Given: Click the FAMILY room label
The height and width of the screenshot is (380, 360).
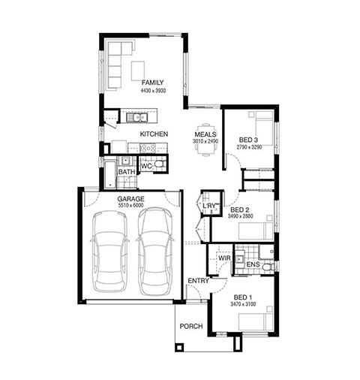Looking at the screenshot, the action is [152, 83].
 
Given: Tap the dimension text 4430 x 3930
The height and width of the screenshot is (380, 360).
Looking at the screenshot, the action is [153, 91].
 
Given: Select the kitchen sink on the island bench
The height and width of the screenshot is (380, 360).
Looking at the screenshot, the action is [136, 117].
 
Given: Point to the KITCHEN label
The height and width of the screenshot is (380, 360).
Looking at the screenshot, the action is [154, 134].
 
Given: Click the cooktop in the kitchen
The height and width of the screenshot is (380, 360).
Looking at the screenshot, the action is [148, 148].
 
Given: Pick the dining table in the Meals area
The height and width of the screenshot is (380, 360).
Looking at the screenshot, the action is [205, 140].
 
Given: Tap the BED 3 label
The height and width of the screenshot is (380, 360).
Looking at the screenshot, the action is [248, 140].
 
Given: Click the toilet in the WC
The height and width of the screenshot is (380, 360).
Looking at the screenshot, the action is [160, 164].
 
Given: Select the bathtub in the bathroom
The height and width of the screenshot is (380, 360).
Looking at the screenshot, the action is [110, 175].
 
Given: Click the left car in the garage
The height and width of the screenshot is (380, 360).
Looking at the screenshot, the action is [109, 252].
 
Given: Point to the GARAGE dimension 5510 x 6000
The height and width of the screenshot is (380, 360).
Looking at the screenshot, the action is [130, 206].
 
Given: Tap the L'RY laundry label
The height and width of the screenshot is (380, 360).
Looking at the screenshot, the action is [209, 206].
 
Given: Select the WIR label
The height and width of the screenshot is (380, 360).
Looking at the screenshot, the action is [224, 258].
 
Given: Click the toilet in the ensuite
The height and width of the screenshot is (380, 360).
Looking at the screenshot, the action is [268, 267].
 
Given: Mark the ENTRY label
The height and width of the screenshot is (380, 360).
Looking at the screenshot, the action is [198, 281].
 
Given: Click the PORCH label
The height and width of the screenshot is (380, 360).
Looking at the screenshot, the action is [191, 326].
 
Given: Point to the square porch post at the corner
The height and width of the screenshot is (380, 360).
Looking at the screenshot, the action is [179, 347].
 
